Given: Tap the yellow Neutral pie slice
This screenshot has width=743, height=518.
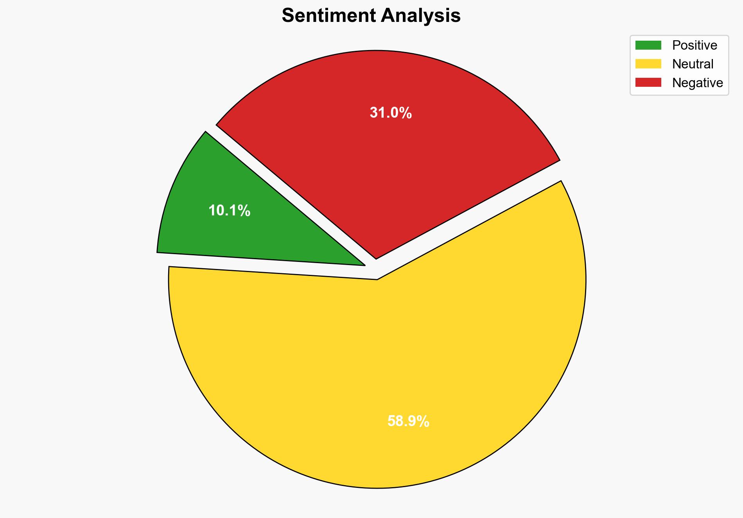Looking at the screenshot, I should click(x=391, y=371).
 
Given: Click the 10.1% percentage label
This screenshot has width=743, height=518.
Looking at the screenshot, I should click(x=229, y=211).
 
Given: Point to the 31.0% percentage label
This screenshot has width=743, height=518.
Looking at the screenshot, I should click(x=391, y=113).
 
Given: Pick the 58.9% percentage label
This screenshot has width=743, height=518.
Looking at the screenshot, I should click(x=408, y=421).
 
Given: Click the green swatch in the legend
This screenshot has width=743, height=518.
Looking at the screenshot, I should click(x=648, y=45).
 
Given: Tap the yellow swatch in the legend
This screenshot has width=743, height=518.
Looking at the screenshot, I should click(x=648, y=64).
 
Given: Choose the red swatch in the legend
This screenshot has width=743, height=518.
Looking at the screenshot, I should click(x=648, y=82).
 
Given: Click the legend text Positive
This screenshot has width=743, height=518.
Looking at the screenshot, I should click(x=695, y=45).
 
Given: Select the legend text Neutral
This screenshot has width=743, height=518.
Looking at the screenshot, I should click(x=693, y=64).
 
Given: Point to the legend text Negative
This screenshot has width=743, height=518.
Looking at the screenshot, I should click(x=697, y=82).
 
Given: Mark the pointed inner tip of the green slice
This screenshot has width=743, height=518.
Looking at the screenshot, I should click(x=364, y=265).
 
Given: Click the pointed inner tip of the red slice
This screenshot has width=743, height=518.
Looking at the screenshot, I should click(x=376, y=258).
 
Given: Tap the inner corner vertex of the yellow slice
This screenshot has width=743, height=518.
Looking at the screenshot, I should click(x=377, y=279).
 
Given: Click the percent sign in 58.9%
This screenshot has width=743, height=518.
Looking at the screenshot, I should click(x=423, y=421).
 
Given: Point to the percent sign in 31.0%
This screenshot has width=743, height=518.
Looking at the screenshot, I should click(x=406, y=113).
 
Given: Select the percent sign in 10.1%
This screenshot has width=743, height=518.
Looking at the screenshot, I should click(x=244, y=211).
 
